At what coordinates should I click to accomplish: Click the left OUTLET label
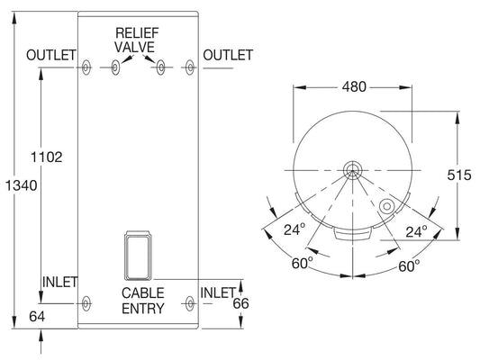[50, 56]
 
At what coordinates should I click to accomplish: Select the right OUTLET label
[228, 56]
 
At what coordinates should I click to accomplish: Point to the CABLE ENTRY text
[143, 301]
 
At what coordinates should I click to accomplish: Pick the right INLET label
[217, 292]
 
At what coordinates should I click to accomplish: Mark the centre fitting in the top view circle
[351, 169]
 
